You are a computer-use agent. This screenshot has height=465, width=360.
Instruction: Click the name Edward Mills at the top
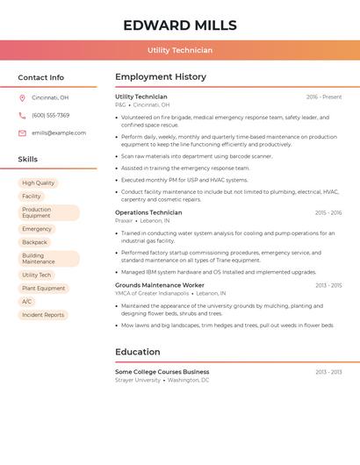click(180, 25)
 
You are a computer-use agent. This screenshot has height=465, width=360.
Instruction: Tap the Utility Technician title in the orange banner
click(180, 50)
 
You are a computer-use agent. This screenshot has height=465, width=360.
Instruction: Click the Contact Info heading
click(41, 77)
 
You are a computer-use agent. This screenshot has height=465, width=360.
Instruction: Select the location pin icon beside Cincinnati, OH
click(22, 97)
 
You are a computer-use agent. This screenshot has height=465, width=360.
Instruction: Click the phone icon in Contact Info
click(22, 115)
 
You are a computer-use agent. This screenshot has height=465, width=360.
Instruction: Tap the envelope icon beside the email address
click(22, 133)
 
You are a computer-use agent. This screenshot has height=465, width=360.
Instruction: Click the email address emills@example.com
click(59, 133)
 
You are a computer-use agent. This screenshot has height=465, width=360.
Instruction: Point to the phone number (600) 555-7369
click(50, 115)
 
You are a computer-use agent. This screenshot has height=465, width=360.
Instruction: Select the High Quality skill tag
click(39, 182)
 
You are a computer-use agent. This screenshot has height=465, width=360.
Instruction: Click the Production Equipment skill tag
click(48, 213)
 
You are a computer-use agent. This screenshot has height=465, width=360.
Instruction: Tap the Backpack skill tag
click(35, 242)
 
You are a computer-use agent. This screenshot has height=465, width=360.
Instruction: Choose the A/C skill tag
click(27, 302)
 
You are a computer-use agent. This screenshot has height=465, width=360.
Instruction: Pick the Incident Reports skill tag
click(43, 315)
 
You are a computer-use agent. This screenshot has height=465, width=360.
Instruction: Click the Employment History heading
click(161, 77)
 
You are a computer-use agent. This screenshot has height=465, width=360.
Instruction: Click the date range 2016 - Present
click(324, 97)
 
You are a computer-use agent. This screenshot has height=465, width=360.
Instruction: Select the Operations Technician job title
click(148, 212)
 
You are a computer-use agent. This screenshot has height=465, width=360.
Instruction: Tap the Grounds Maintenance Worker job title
click(159, 285)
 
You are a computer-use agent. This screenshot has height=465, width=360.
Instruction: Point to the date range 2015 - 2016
click(328, 212)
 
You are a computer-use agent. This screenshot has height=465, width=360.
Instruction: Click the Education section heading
click(138, 352)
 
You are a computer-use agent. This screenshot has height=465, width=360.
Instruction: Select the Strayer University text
click(138, 381)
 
